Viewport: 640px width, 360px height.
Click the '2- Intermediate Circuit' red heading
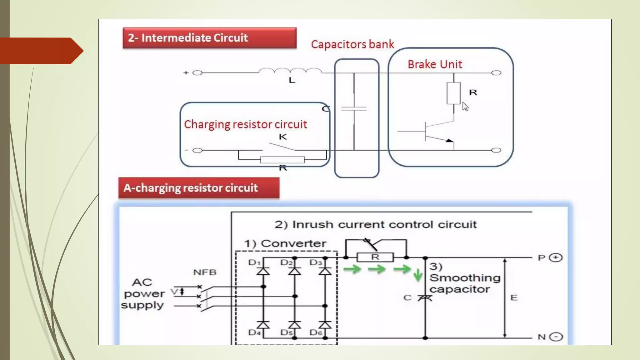[x=209, y=38]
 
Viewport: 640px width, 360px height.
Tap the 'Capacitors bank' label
[x=352, y=44]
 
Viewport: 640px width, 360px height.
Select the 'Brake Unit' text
[x=435, y=64]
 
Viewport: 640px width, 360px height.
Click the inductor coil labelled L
[x=290, y=71]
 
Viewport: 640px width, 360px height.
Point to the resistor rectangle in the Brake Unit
[x=453, y=93]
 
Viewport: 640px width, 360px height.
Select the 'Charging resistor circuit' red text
[x=245, y=124]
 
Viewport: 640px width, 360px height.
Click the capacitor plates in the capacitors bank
[x=354, y=109]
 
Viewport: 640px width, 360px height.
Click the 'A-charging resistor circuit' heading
[x=199, y=188]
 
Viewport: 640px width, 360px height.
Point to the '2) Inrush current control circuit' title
[x=376, y=224]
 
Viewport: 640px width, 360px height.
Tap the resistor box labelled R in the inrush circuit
[x=375, y=257]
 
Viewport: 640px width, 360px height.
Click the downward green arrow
[x=418, y=275]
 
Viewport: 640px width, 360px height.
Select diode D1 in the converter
[x=263, y=271]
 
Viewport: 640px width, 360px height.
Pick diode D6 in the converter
[x=325, y=325]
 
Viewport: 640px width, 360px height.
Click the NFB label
[x=205, y=272]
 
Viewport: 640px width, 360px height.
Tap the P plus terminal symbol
[x=556, y=257]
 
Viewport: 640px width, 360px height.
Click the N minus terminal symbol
[x=556, y=337]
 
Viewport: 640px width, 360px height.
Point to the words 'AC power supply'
[x=143, y=294]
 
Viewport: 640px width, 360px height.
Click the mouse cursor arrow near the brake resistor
[x=465, y=107]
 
